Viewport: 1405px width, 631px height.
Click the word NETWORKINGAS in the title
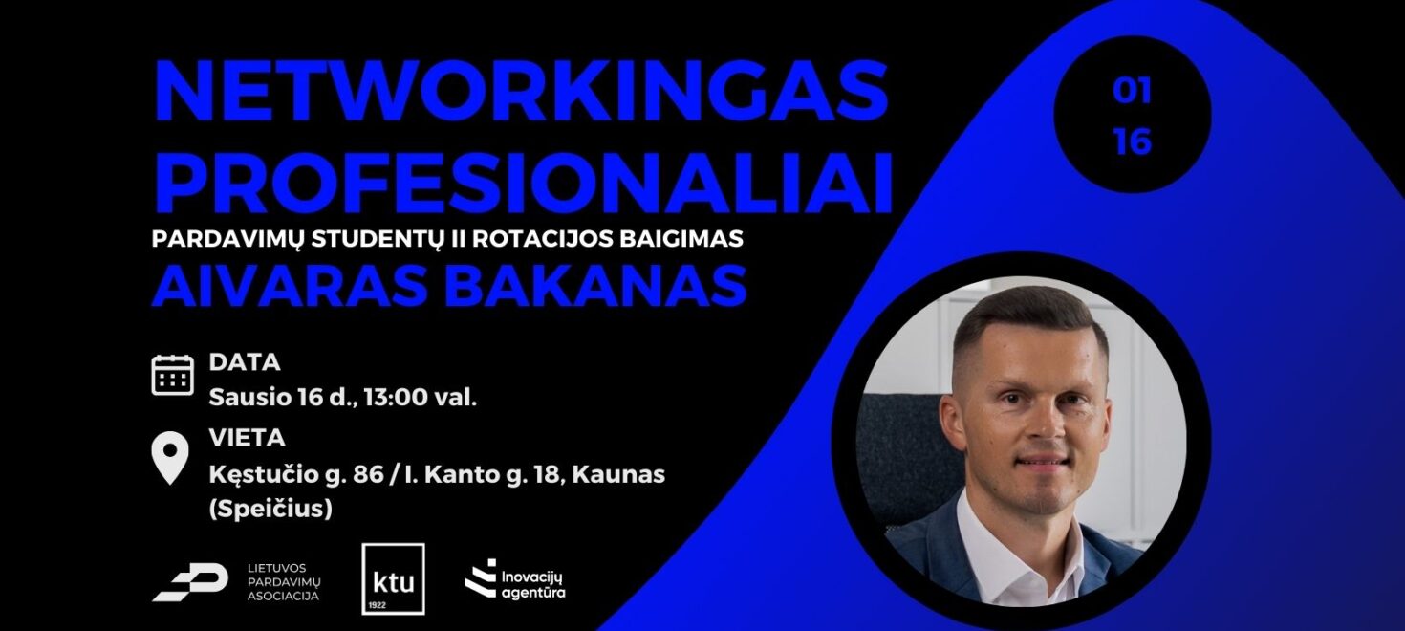point(521,92)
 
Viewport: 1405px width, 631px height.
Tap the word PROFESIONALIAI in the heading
point(523,182)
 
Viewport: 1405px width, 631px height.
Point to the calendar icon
point(173,375)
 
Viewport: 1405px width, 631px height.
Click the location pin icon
point(171,460)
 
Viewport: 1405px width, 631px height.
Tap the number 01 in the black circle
point(1132,92)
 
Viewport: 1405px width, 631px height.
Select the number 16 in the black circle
point(1132,142)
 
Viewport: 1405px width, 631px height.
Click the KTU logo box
point(393,578)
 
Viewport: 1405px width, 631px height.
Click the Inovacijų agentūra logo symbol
point(480,578)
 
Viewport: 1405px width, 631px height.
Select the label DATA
point(245,362)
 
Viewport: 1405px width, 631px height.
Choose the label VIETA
point(247,439)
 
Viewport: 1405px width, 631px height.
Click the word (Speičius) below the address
point(270,509)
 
